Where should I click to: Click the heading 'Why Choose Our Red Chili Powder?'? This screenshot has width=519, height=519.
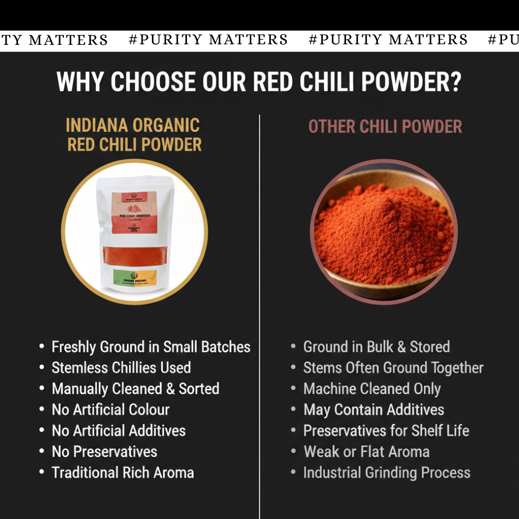point(259,82)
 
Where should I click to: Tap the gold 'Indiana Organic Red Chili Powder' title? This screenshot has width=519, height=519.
point(133,135)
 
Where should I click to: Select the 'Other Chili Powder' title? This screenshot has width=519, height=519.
point(385,127)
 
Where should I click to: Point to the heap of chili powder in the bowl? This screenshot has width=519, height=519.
point(384,232)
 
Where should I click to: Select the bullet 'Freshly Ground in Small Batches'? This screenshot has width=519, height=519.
point(151,347)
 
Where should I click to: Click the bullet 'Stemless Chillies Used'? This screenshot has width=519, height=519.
point(121,368)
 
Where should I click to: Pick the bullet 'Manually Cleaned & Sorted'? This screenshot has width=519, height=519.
point(135,389)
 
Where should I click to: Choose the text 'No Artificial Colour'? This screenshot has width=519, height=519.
point(110,410)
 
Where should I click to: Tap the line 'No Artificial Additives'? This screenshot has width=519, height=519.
point(118,431)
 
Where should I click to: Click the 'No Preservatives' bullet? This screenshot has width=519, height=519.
point(105,452)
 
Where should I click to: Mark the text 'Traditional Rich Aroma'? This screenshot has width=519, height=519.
point(123,473)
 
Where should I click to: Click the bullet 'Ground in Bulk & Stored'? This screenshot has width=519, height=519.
point(376,347)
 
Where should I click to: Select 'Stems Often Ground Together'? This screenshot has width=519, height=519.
point(393,368)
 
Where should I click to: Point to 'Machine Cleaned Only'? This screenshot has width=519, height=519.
point(372,389)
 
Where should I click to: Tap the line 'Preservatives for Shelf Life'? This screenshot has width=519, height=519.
point(386,431)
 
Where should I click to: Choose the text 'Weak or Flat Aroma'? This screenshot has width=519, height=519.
point(366,452)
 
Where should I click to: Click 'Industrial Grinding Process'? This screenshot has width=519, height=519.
point(387,473)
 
